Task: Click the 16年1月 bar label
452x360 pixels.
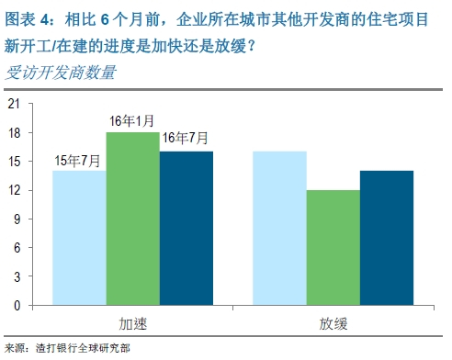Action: tap(132, 121)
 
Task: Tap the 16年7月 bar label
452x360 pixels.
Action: tap(185, 140)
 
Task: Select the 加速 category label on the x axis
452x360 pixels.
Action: tap(133, 323)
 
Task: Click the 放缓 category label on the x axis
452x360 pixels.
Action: tap(333, 323)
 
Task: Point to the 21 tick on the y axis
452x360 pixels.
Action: tap(13, 104)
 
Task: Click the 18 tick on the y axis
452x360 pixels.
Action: tap(13, 132)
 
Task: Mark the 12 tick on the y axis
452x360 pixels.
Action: tap(13, 190)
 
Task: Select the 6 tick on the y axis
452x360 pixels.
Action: tap(17, 247)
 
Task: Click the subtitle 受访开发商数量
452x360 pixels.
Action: tap(62, 73)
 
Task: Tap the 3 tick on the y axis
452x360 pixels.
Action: tap(17, 276)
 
